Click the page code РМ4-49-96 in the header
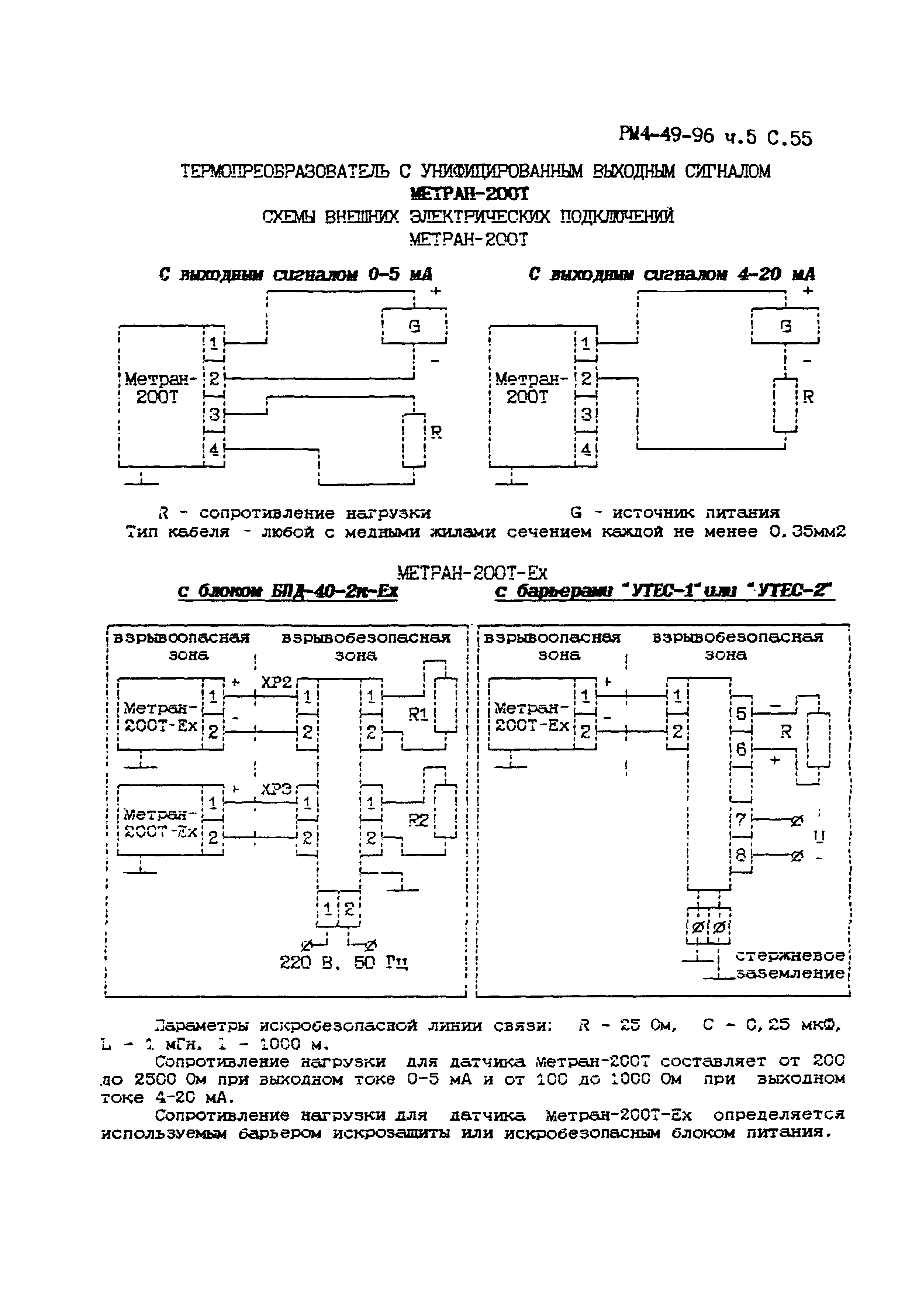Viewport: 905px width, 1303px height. [x=667, y=136]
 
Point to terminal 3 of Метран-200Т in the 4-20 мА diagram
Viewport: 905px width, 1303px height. [x=586, y=415]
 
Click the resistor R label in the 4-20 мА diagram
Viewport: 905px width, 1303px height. [x=808, y=396]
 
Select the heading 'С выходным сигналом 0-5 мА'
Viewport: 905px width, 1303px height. [x=296, y=275]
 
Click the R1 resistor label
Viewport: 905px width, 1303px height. [x=418, y=715]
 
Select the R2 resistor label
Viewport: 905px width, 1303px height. [x=418, y=821]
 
